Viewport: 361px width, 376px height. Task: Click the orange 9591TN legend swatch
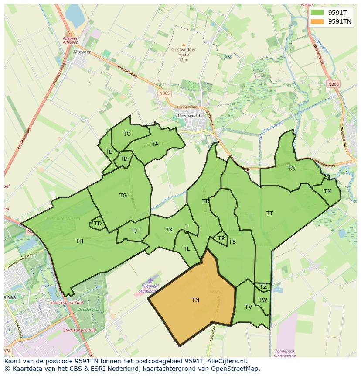(x=317, y=21)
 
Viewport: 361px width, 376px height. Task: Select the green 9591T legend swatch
(x=317, y=13)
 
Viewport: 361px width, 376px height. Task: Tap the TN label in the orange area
(x=195, y=300)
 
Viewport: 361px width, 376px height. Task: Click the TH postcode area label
(x=79, y=241)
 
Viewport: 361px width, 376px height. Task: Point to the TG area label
(x=123, y=196)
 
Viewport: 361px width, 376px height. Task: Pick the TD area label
(x=98, y=224)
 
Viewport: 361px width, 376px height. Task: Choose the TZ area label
(x=263, y=287)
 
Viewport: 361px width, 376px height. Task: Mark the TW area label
(x=262, y=300)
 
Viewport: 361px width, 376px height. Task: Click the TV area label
(x=249, y=307)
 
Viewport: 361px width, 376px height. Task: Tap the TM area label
(x=328, y=191)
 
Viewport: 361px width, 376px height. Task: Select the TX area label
(x=291, y=168)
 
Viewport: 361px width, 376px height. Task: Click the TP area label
(x=221, y=238)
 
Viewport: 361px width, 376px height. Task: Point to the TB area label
(x=124, y=159)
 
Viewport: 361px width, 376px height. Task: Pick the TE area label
(x=109, y=152)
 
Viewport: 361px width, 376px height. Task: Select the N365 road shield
(x=164, y=93)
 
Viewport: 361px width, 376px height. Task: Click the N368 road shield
(x=334, y=84)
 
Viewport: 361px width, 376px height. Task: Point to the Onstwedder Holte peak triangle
(x=184, y=45)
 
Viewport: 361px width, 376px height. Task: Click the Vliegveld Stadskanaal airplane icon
(x=150, y=280)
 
